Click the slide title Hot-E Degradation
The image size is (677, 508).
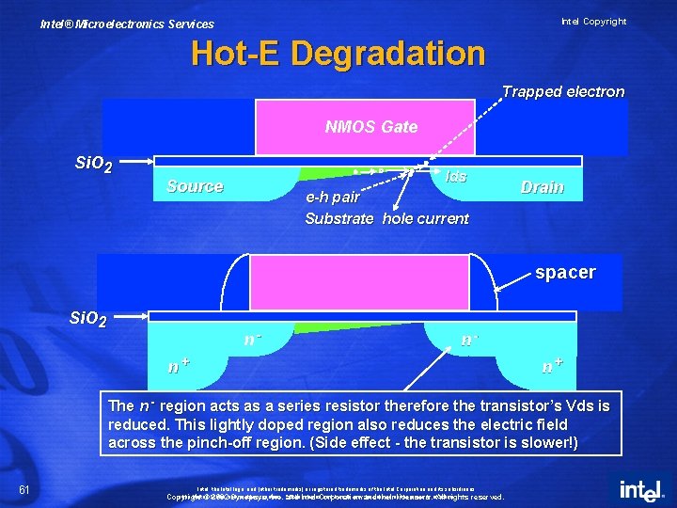(x=338, y=54)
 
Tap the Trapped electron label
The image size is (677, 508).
(x=562, y=91)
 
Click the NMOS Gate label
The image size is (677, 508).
(x=370, y=126)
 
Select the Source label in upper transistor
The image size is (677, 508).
(x=195, y=186)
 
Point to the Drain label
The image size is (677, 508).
(x=543, y=187)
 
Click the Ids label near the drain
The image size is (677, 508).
(x=456, y=176)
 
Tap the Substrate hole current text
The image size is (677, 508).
(x=386, y=218)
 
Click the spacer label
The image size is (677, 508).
(x=565, y=272)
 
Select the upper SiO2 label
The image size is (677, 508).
(x=94, y=166)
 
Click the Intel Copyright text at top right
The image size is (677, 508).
(x=593, y=21)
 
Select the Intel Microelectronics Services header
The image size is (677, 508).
(x=127, y=24)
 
